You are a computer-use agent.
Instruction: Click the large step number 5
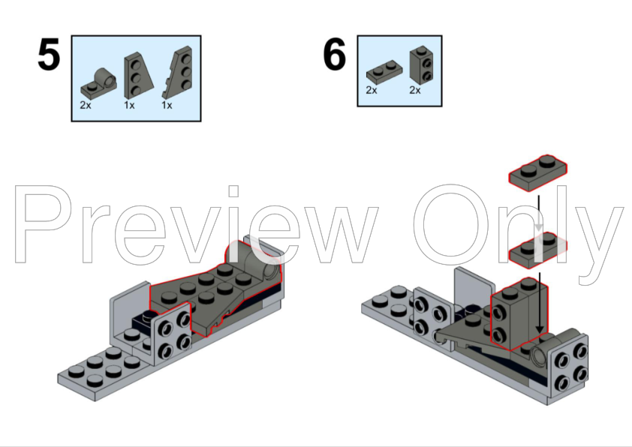tap(49, 54)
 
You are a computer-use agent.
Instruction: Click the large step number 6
tap(335, 54)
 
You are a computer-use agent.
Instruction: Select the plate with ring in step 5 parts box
tap(99, 83)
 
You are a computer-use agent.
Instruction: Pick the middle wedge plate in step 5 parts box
tap(138, 75)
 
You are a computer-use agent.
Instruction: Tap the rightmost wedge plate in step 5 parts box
tap(178, 73)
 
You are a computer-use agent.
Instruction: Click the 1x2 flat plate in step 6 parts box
tap(384, 72)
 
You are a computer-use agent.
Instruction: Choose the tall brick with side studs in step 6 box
tap(422, 64)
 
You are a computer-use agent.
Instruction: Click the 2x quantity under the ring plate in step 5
tap(86, 106)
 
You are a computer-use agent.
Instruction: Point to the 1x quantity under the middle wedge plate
tap(129, 106)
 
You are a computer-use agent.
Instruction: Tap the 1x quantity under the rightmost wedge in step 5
tap(167, 106)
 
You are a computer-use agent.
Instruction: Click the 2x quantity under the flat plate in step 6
tap(372, 90)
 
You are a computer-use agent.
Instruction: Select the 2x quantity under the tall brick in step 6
tap(415, 90)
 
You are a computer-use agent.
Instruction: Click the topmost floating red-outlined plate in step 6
tap(537, 172)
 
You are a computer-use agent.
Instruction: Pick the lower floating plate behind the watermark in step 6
tap(537, 250)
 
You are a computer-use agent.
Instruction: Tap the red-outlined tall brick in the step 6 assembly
tap(519, 313)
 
